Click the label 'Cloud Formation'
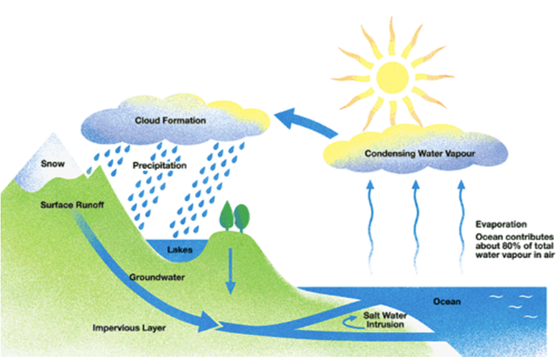[x=170, y=120]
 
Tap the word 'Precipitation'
[x=159, y=166]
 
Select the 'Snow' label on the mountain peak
[x=52, y=164]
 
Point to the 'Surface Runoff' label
[x=72, y=205]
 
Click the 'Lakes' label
[x=180, y=250]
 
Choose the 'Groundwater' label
[x=157, y=277]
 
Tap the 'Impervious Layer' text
[x=129, y=328]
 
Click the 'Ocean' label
[x=447, y=302]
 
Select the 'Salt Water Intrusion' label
[x=385, y=320]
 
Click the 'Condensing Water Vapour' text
[x=420, y=154]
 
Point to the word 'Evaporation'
[x=501, y=224]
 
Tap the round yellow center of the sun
[x=392, y=76]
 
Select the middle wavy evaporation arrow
[x=416, y=227]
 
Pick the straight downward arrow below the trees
[x=231, y=271]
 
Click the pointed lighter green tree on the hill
[x=226, y=216]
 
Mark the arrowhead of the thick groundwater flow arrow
[x=208, y=321]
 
